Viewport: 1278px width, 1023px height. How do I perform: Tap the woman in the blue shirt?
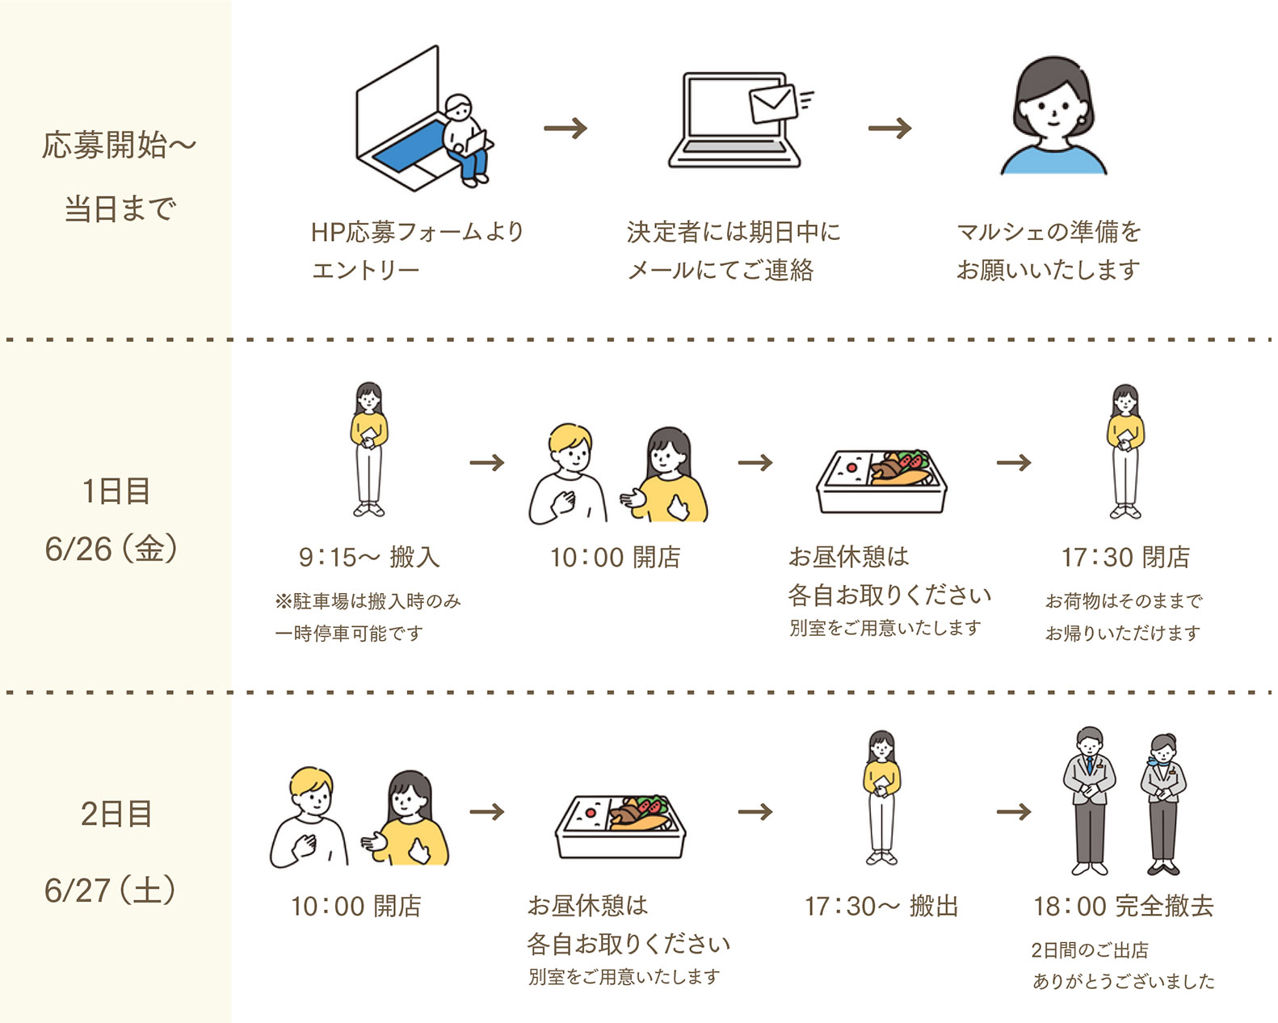point(1053,117)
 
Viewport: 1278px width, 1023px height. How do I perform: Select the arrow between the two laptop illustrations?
point(565,128)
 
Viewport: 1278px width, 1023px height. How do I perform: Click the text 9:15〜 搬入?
point(369,557)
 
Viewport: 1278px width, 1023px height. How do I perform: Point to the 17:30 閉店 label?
point(1125,557)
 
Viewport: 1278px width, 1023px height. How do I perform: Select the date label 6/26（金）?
point(111,549)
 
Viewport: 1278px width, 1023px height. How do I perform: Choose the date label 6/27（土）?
point(111,890)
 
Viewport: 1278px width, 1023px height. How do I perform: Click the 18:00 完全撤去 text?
point(1123,906)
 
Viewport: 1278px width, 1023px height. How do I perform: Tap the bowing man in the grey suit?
point(1089,800)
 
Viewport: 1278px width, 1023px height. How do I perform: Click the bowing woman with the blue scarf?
point(1163,804)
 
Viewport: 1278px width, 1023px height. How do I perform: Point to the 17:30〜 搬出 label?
point(881,906)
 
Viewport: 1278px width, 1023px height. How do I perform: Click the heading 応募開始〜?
point(119,145)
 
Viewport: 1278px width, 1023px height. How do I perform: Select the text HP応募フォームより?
point(417,232)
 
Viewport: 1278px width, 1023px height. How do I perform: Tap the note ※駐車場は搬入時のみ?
point(368,601)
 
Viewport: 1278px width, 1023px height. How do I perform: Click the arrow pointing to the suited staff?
point(1014,811)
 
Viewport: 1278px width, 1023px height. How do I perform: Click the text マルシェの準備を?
point(1048,232)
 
